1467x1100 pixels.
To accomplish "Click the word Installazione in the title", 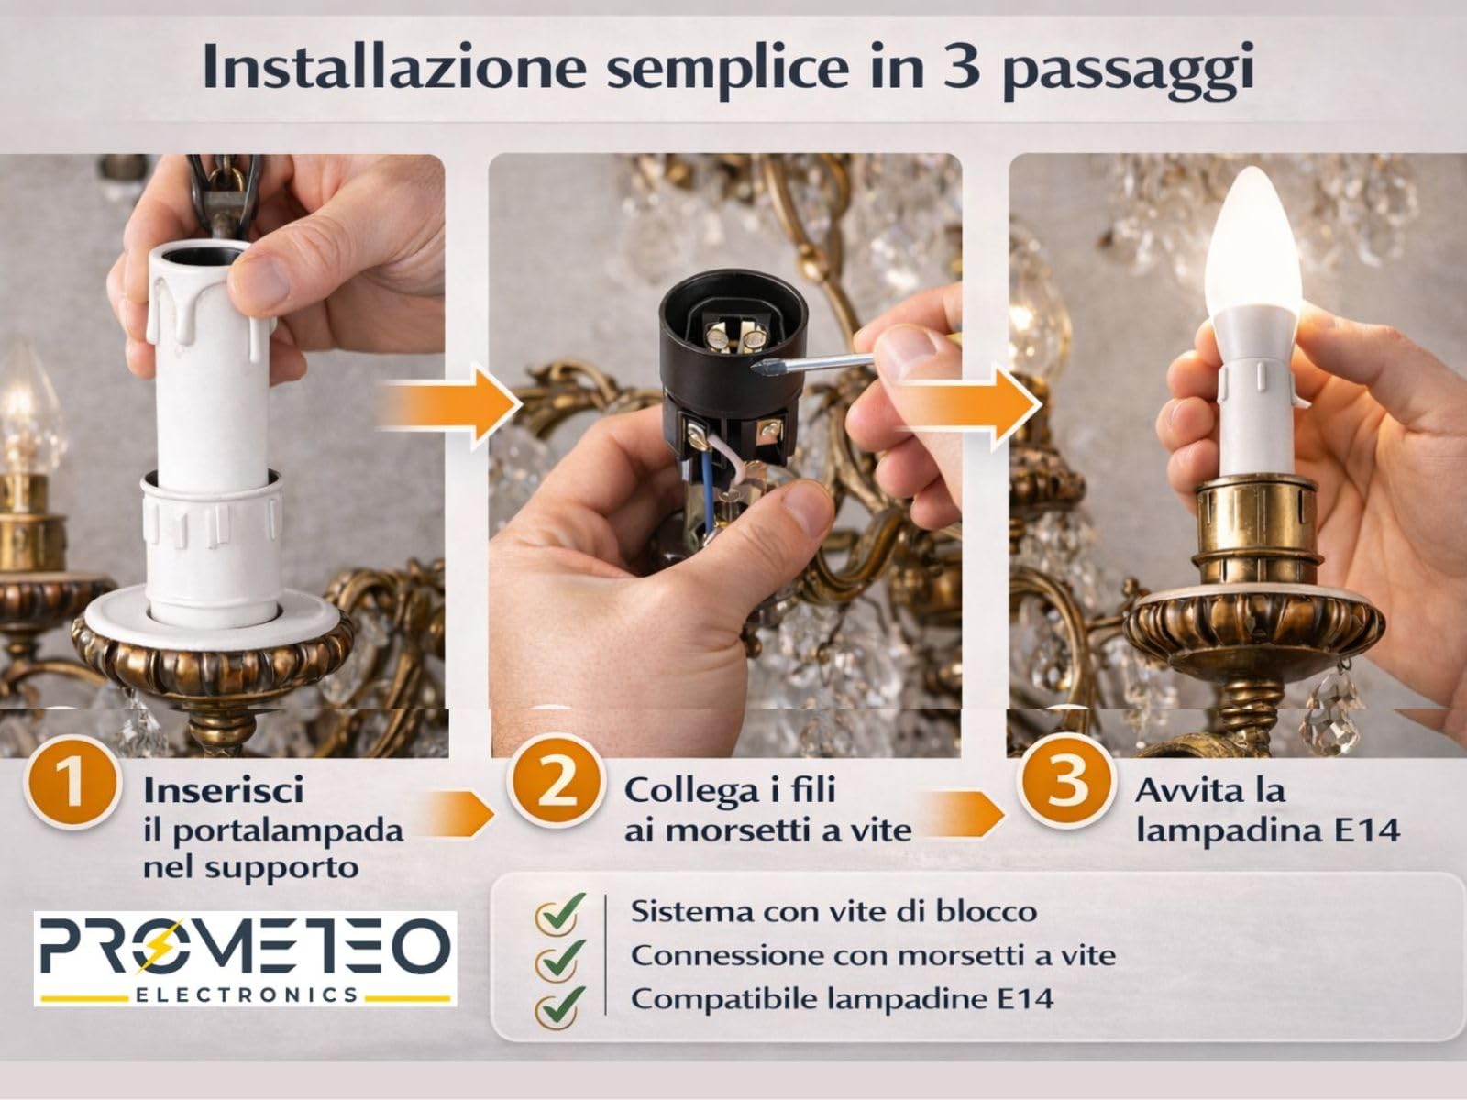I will (x=392, y=69).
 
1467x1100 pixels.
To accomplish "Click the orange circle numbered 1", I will (x=72, y=786).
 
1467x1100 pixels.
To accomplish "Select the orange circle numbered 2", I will (x=556, y=786).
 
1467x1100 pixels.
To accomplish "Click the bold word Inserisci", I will (x=223, y=790).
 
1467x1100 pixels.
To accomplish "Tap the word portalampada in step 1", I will (x=287, y=830).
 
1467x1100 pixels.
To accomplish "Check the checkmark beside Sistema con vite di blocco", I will (x=559, y=913).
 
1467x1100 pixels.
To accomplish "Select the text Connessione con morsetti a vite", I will (x=872, y=955).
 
